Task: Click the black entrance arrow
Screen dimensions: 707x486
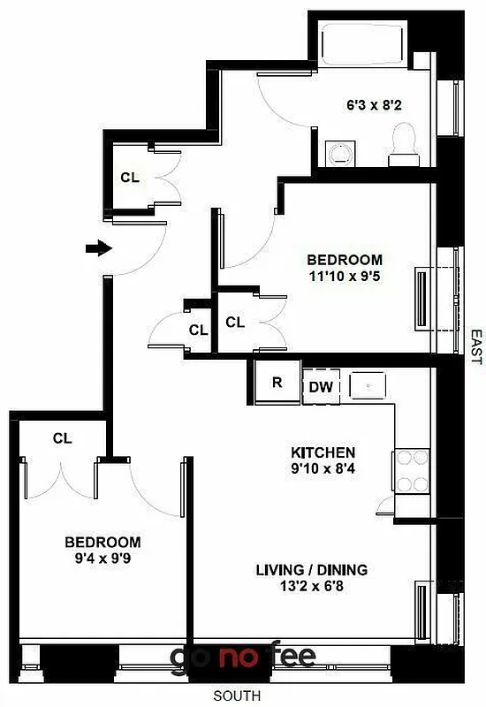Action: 98,248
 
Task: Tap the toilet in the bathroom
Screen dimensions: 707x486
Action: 405,146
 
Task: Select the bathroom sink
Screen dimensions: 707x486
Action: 338,154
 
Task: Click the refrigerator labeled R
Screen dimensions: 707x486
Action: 277,383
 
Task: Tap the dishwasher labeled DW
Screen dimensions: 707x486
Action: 320,386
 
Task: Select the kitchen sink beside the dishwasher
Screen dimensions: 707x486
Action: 368,385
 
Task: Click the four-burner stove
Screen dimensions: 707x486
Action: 411,471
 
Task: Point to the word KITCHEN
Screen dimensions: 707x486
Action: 323,452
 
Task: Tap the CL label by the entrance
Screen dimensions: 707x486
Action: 130,177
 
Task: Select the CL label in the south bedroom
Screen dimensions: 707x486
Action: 61,437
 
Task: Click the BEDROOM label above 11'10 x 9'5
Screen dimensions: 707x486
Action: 345,260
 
